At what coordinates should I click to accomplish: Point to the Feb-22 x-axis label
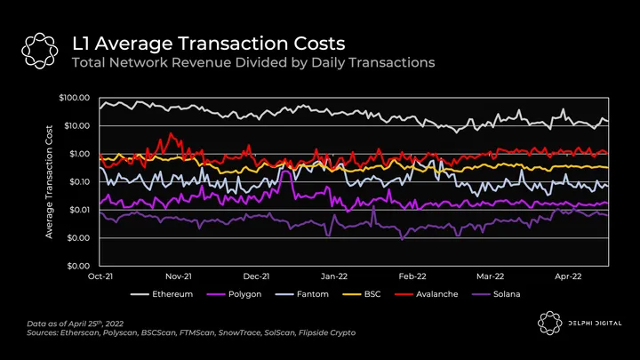[412, 276]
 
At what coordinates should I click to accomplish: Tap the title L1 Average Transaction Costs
[209, 43]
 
